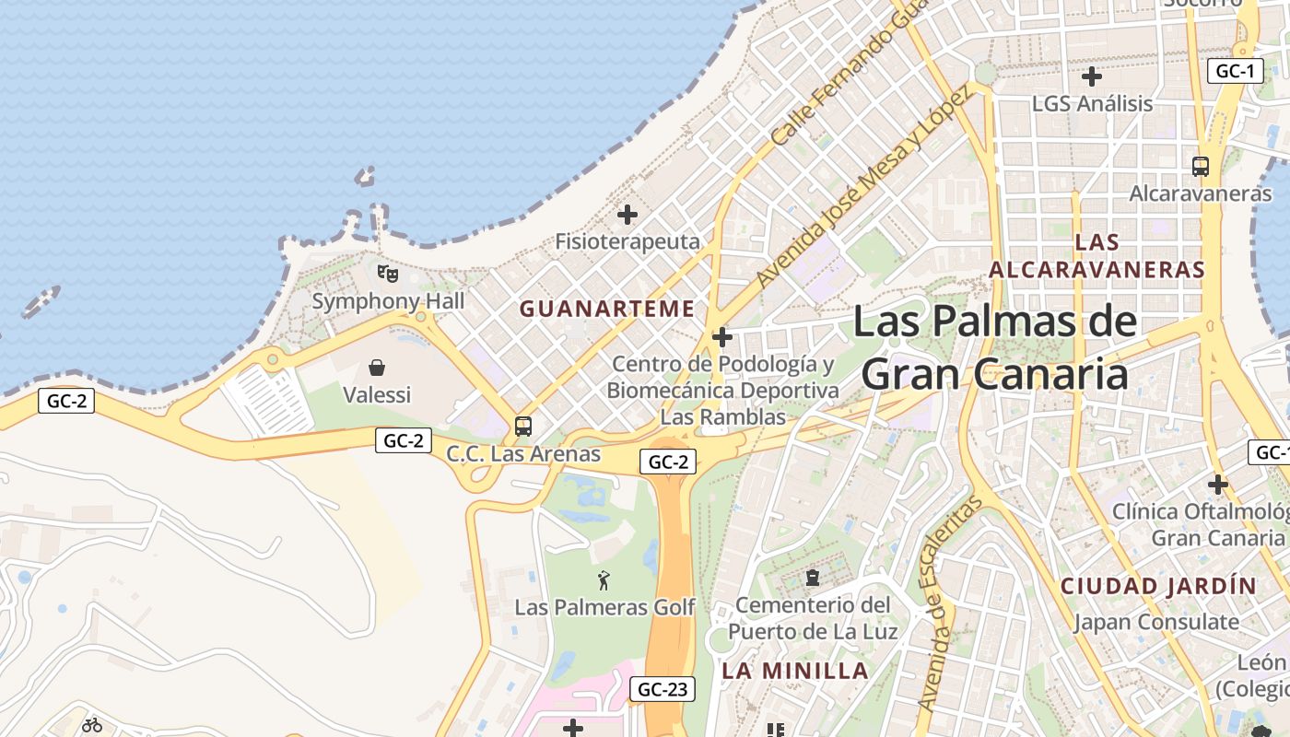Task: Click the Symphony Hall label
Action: tap(388, 301)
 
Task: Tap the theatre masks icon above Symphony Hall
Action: tap(388, 273)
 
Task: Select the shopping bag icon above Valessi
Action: tap(377, 368)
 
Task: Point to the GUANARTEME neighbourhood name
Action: tap(607, 309)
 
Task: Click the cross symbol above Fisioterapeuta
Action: tap(627, 216)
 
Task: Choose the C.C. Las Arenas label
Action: tap(523, 453)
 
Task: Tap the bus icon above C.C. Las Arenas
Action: tap(523, 426)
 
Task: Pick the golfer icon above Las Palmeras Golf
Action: tap(604, 580)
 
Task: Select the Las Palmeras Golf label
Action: tap(604, 607)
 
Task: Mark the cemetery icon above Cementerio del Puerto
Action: tap(813, 578)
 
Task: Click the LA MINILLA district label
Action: tap(795, 671)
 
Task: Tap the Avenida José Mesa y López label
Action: tap(863, 187)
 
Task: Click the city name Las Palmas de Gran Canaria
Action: tap(995, 348)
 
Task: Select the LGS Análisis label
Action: tap(1092, 103)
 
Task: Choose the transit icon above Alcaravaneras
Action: tap(1200, 167)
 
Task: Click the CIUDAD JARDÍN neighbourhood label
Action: tap(1158, 586)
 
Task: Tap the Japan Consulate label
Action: tap(1155, 622)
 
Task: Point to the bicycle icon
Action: tap(91, 725)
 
